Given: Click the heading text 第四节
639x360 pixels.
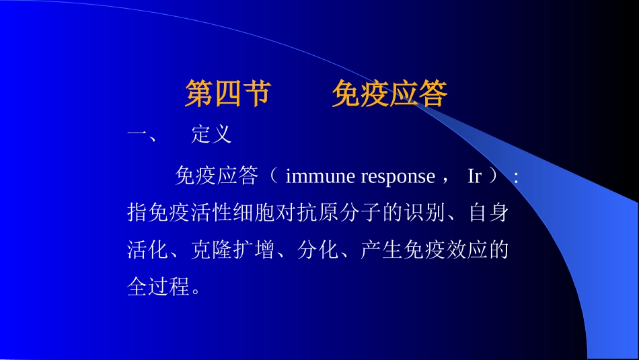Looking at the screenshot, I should [227, 96].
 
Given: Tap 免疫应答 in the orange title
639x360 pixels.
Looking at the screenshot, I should [389, 96].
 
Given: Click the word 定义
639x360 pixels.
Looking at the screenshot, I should [211, 135].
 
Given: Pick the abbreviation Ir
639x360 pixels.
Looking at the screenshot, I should [474, 176].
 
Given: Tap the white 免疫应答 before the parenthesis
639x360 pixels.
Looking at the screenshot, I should [216, 176].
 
